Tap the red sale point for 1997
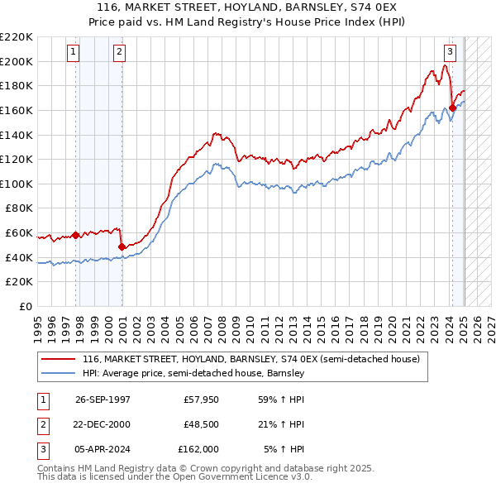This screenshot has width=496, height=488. pyautogui.click(x=76, y=235)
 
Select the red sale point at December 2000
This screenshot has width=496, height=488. pyautogui.click(x=122, y=246)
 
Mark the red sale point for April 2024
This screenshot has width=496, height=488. pyautogui.click(x=453, y=108)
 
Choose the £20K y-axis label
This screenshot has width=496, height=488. pyautogui.click(x=20, y=282)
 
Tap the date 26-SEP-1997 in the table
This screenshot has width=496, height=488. pyautogui.click(x=103, y=399)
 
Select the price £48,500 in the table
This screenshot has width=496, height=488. pyautogui.click(x=201, y=424)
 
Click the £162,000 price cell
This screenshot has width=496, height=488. pyautogui.click(x=198, y=449)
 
